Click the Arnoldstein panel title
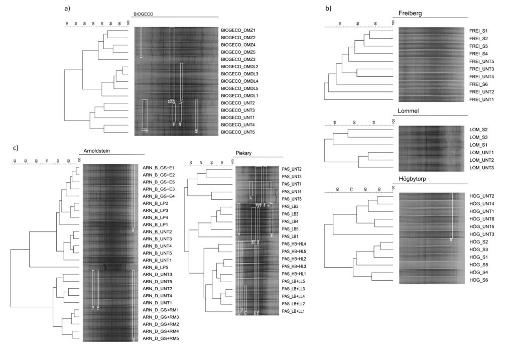pos(95,150)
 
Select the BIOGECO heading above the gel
pos(143,15)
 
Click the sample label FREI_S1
pos(473,31)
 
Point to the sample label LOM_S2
pos(472,130)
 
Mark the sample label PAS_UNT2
pos(292,169)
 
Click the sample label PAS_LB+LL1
pos(294,311)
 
